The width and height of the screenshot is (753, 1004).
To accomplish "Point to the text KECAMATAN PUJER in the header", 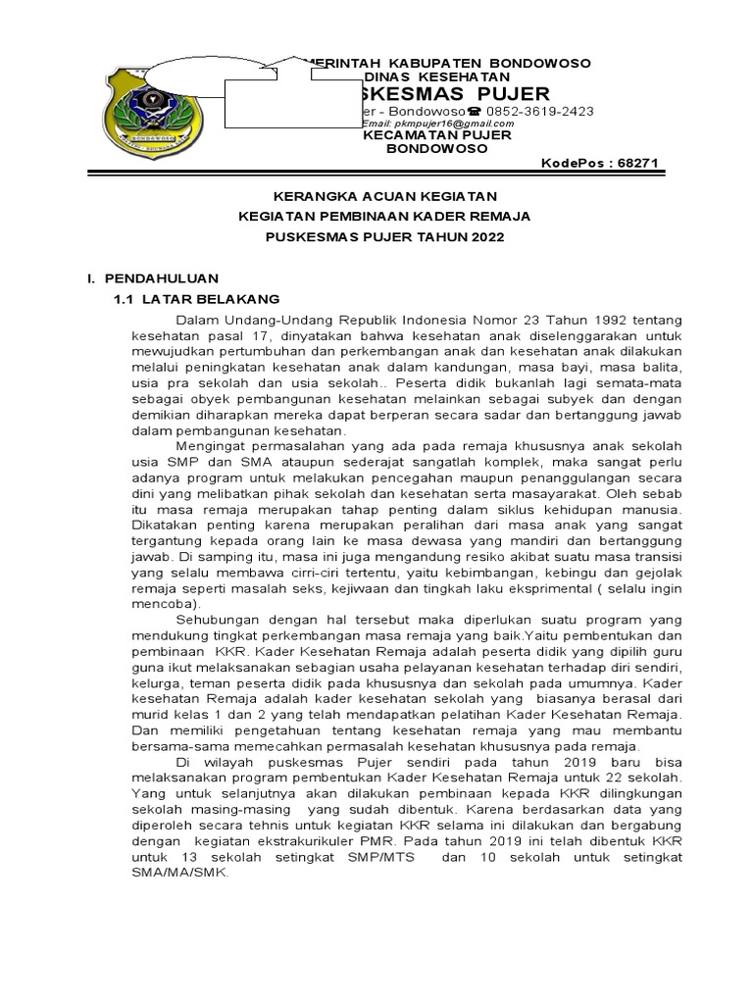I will [x=437, y=135].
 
